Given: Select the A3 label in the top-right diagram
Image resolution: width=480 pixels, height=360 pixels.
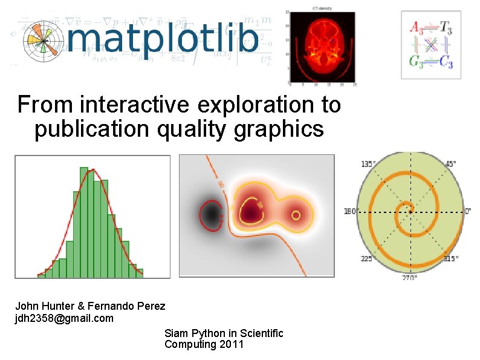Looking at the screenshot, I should click(x=417, y=27).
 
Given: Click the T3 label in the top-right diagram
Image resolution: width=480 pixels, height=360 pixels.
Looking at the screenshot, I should click(x=445, y=27).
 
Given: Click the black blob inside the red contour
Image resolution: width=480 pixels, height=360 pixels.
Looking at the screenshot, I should click(x=210, y=214).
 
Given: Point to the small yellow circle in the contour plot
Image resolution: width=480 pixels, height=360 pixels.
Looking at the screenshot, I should click(x=296, y=215).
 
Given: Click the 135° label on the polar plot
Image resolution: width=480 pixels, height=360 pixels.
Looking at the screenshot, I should click(x=368, y=164).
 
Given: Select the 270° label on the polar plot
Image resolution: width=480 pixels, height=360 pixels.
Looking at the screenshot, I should click(x=410, y=279).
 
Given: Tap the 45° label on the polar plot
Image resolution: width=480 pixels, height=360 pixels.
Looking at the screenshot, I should click(x=450, y=164).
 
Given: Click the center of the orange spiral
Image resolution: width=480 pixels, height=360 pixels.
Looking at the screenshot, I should click(x=410, y=212).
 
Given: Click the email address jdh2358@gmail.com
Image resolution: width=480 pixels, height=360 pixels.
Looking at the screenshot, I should click(x=64, y=318).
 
